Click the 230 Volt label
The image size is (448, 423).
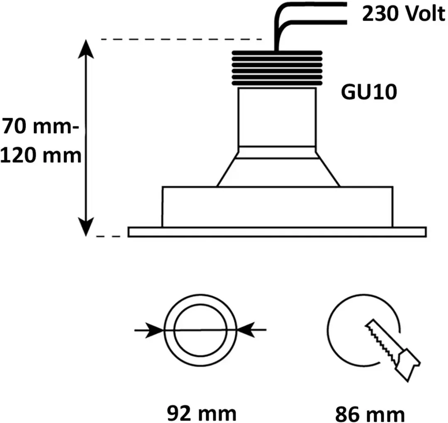[404, 13]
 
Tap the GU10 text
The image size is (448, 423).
[369, 92]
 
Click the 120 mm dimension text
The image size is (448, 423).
[41, 155]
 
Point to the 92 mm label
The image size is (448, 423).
[202, 413]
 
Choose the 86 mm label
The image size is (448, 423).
[370, 414]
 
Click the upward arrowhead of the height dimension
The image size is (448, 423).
[86, 48]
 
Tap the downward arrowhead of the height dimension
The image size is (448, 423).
[86, 227]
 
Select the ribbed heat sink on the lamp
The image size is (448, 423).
[277, 68]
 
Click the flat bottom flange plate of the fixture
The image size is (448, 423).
[277, 232]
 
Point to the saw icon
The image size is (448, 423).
[392, 350]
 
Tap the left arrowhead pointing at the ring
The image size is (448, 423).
[154, 330]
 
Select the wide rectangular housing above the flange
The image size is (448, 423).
[278, 207]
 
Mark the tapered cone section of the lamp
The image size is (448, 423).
[278, 173]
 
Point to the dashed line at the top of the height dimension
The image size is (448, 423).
[182, 39]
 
